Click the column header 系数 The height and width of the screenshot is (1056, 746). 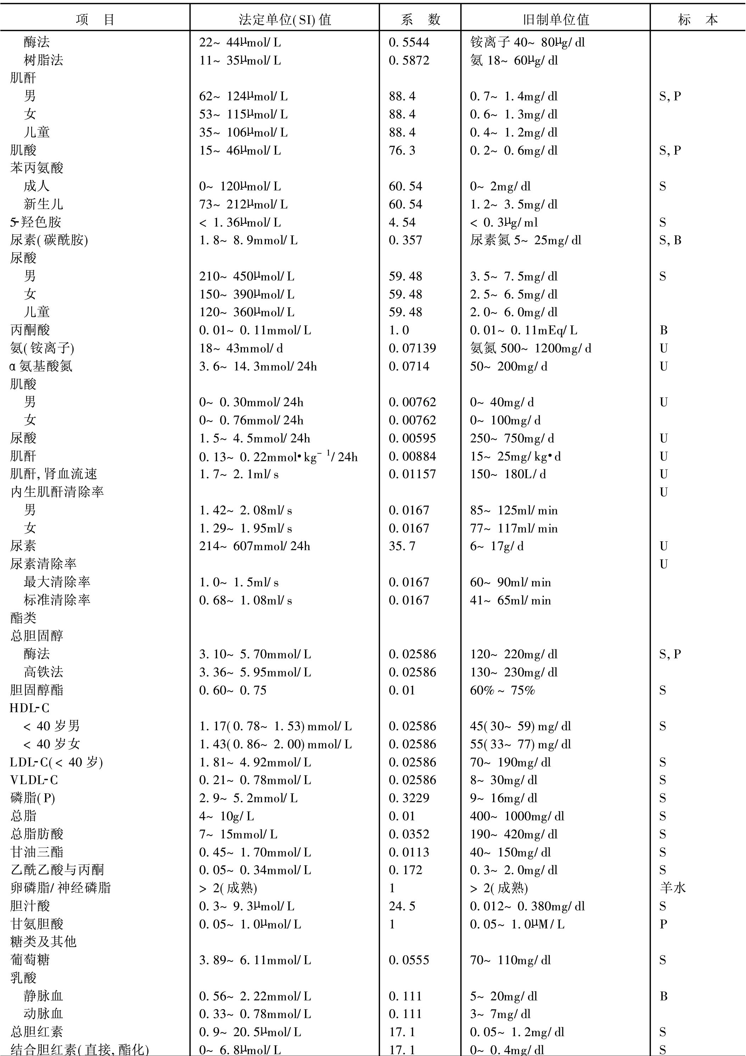click(x=420, y=19)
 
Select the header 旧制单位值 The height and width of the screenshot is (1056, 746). click(x=556, y=19)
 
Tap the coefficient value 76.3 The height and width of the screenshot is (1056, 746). click(x=402, y=150)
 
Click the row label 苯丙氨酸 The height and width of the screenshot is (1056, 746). click(x=37, y=168)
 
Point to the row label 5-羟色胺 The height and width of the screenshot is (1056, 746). click(x=36, y=222)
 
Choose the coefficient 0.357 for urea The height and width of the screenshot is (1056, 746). click(x=405, y=240)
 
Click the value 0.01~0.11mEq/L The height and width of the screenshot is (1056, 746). click(x=523, y=330)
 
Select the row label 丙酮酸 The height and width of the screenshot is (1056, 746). click(x=30, y=330)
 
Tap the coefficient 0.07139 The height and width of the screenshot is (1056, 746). click(x=412, y=348)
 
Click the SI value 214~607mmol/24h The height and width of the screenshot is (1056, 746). click(x=255, y=546)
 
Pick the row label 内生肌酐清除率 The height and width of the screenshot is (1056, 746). click(x=57, y=492)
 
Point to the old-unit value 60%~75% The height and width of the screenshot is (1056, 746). click(x=502, y=690)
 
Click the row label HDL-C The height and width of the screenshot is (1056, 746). click(x=29, y=708)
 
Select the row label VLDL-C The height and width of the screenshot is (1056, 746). click(x=34, y=780)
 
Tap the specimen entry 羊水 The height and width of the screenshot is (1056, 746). click(x=672, y=888)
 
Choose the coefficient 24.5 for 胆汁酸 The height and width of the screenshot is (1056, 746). click(x=402, y=906)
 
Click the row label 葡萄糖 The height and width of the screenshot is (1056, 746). click(x=30, y=960)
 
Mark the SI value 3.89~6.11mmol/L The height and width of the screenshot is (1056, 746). click(x=255, y=960)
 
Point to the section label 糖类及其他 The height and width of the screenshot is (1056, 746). click(x=43, y=942)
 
